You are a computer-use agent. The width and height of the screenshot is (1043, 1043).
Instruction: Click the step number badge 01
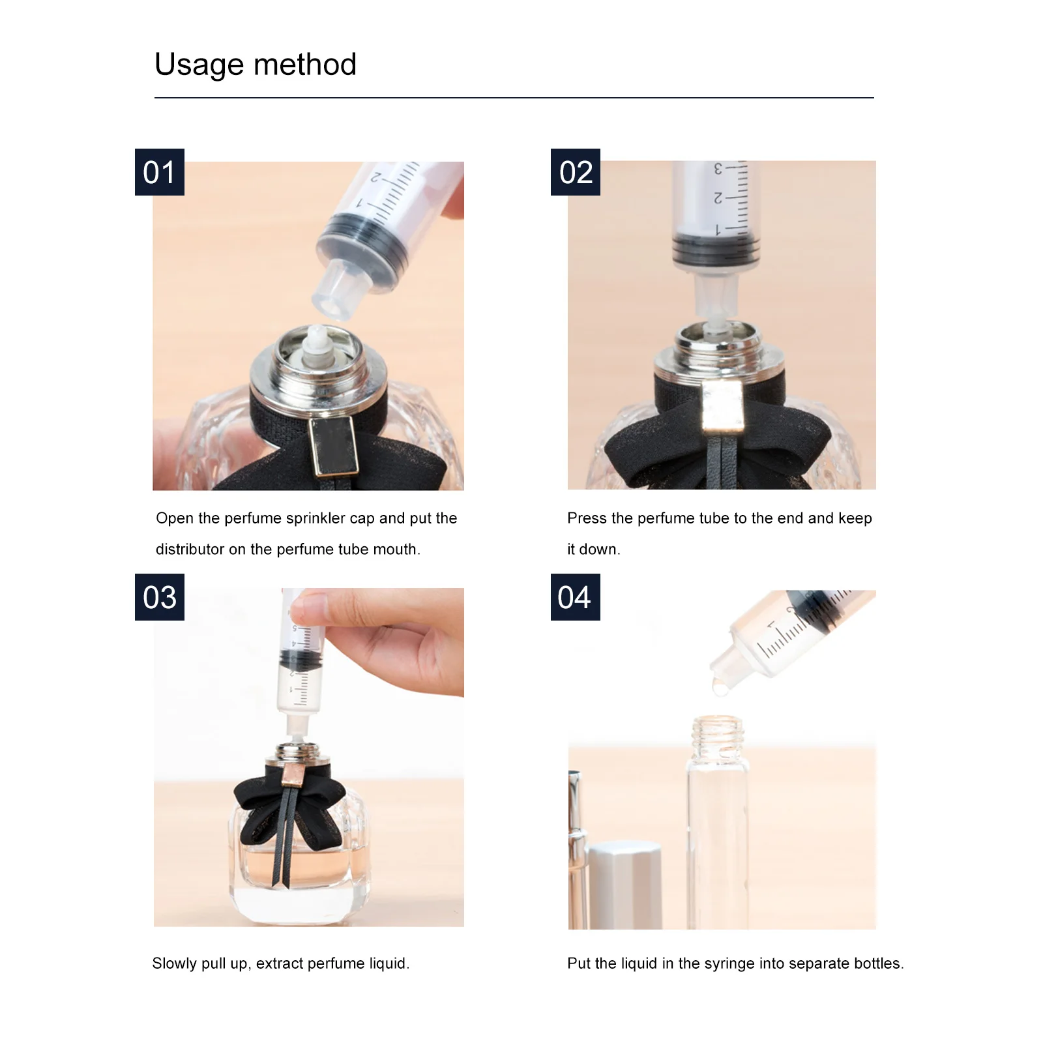coord(160,172)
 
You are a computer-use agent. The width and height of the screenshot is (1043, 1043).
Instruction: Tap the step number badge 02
coord(576,172)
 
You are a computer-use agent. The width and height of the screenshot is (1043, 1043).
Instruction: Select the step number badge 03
coord(160,597)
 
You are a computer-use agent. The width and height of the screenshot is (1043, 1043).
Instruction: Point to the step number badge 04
coord(576,597)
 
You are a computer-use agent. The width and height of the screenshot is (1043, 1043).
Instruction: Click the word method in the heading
coord(305,64)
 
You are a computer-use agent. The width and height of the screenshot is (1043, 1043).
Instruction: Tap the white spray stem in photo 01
coord(316,343)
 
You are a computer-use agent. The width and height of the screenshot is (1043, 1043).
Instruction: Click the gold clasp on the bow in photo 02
coord(722,407)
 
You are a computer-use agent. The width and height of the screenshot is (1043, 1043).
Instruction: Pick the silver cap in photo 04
coord(624,885)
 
